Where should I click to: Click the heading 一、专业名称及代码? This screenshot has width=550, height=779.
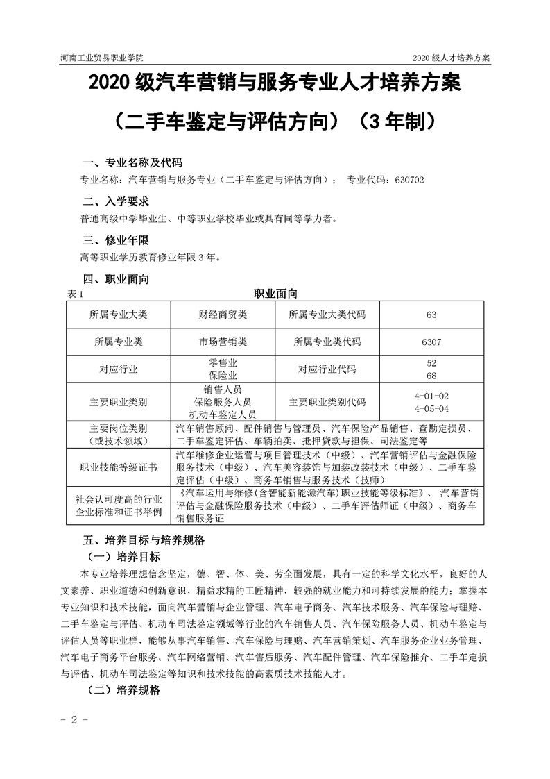click(x=132, y=163)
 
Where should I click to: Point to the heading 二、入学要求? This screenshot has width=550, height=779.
click(x=116, y=202)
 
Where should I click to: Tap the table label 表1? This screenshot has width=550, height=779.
click(x=75, y=294)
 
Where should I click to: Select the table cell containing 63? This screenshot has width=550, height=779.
click(x=431, y=315)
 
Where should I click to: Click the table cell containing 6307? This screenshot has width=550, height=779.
click(x=431, y=342)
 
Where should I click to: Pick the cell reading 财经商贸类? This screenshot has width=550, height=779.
click(x=223, y=315)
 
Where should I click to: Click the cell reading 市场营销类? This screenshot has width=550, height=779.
click(x=223, y=342)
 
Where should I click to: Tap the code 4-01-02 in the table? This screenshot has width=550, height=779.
click(x=431, y=395)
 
